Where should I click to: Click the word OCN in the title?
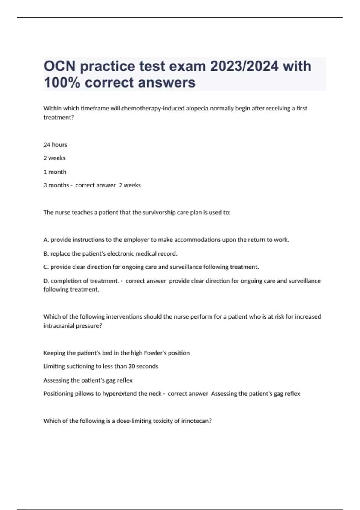tap(59, 66)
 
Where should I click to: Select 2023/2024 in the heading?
tap(244, 66)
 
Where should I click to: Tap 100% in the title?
tap(62, 82)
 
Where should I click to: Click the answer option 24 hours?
tap(55, 145)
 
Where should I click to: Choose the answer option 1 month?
tap(55, 172)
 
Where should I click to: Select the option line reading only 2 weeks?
tap(54, 158)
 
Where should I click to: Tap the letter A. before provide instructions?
tap(46, 240)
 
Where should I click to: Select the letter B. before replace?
tap(46, 254)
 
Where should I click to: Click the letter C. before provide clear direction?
tap(46, 267)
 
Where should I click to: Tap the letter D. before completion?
tap(46, 281)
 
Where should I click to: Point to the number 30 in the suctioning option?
tap(132, 366)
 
